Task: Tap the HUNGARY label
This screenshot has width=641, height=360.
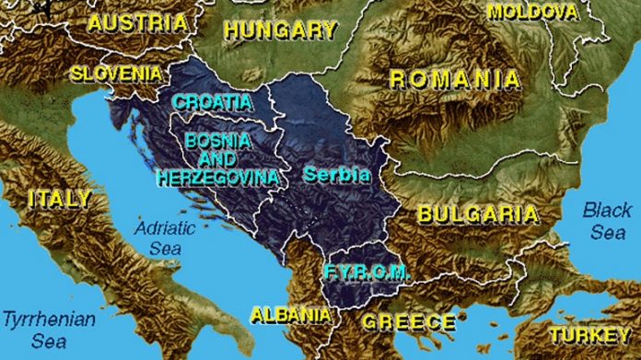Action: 280,29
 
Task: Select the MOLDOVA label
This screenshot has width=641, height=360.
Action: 533,11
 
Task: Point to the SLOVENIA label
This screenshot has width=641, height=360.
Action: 117,72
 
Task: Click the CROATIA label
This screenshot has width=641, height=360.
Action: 212,101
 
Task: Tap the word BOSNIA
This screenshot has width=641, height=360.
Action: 217,141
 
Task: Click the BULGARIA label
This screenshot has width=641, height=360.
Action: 477,215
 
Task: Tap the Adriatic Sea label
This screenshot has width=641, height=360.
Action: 159,236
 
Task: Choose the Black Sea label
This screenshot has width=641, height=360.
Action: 607,221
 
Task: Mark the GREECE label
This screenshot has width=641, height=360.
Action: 408,321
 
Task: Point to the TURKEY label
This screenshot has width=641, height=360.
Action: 590,335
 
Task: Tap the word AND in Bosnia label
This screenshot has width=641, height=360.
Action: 218,158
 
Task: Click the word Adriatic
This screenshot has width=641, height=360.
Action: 160,226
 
